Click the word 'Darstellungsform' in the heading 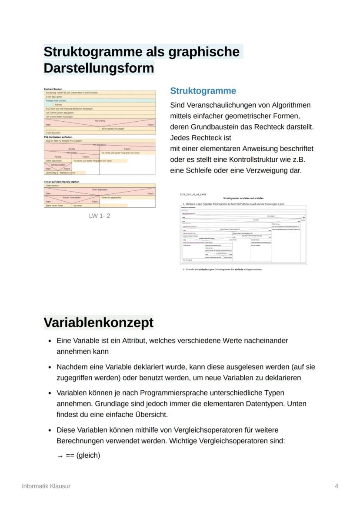click(x=99, y=68)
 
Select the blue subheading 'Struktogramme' click(x=203, y=91)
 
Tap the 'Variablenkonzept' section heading click(x=98, y=323)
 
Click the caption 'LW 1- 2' click(x=100, y=216)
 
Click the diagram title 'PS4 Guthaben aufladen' click(x=57, y=137)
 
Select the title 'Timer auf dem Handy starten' click(x=61, y=182)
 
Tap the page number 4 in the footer click(x=337, y=486)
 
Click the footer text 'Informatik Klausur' click(x=46, y=486)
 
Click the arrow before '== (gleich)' click(x=60, y=456)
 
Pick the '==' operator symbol click(x=70, y=456)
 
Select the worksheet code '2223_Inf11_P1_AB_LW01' click(x=193, y=194)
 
